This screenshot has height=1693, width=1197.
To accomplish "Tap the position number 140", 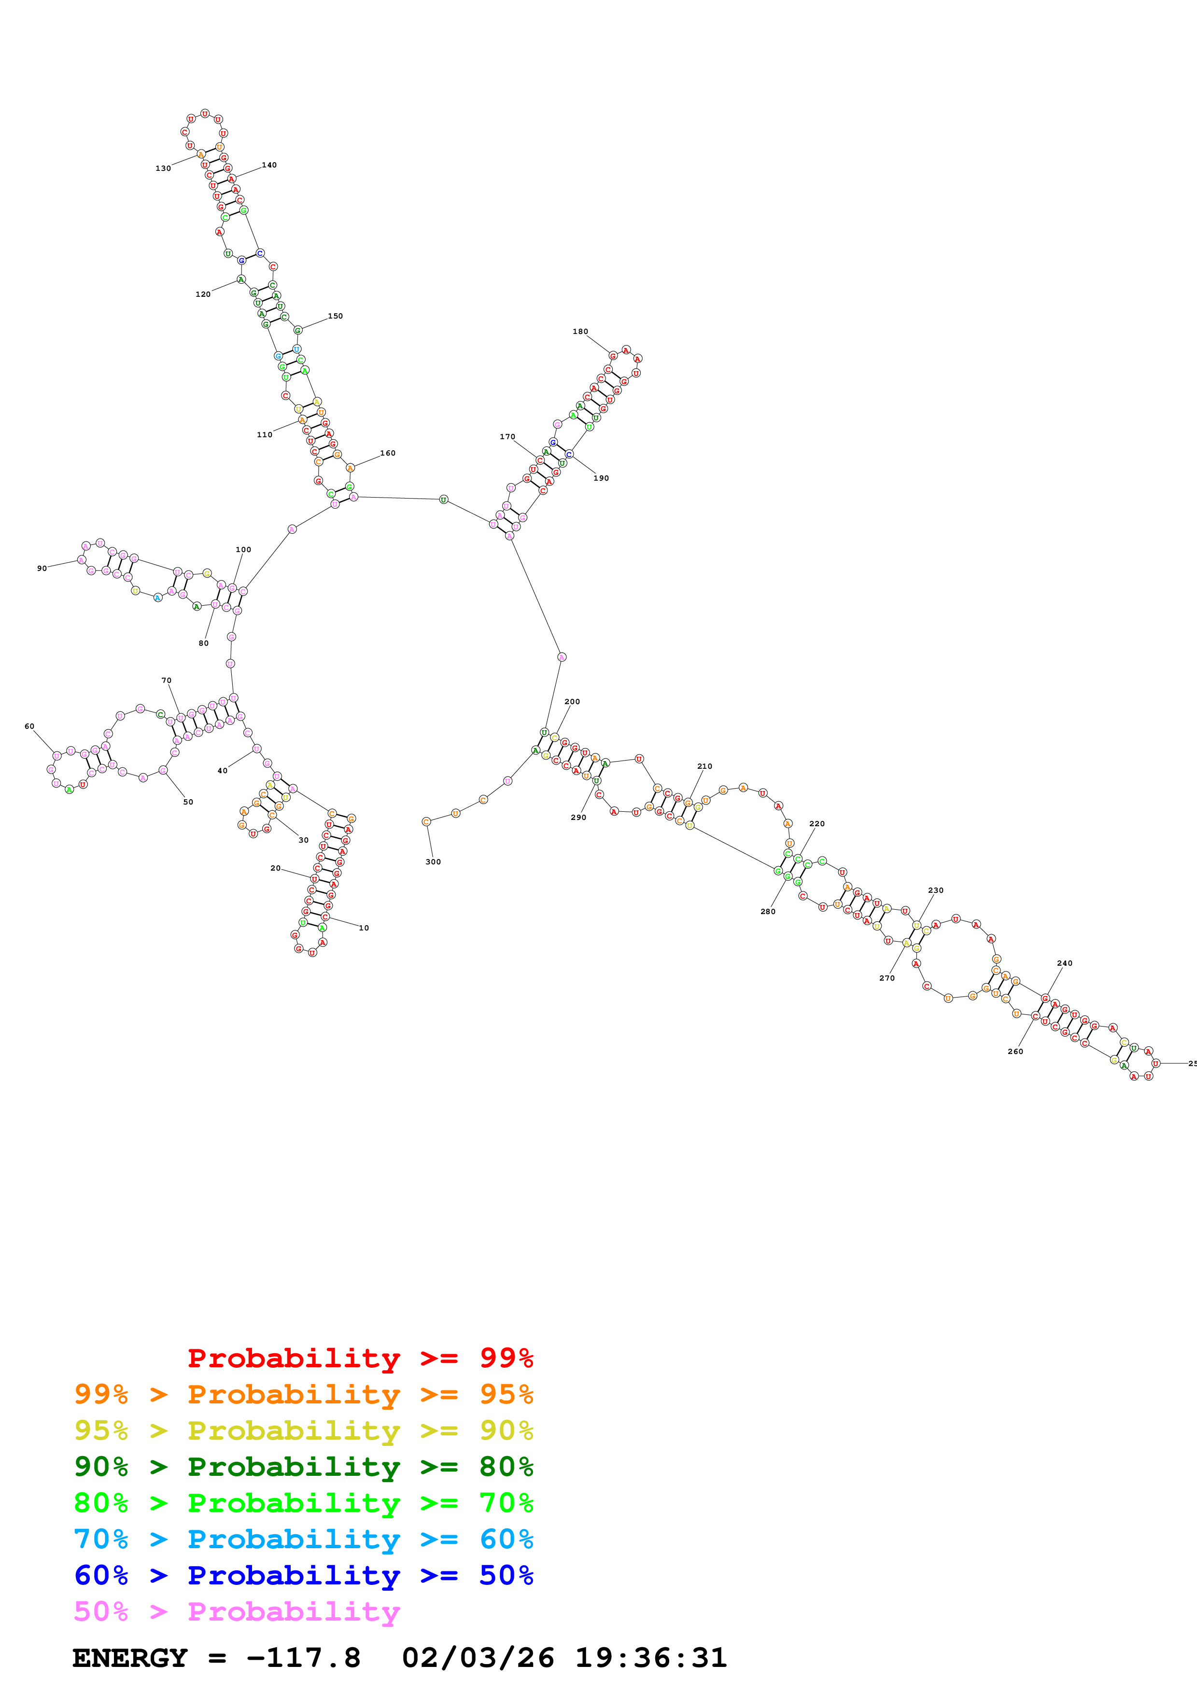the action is (x=269, y=165).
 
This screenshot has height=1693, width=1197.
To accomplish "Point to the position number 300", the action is (x=433, y=862).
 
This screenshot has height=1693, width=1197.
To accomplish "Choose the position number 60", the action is (x=29, y=726).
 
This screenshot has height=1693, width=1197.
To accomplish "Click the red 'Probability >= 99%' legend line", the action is (x=360, y=1358).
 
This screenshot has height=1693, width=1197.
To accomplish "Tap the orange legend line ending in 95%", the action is (x=303, y=1394).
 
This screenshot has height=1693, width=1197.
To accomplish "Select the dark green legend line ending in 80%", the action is (x=303, y=1467).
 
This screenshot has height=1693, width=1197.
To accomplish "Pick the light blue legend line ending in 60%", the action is (x=303, y=1539).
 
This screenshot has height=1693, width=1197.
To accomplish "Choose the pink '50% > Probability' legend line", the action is (x=237, y=1611).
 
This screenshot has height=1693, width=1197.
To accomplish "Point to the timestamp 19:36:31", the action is (x=650, y=1658).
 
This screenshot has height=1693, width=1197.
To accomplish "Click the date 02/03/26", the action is (x=478, y=1658).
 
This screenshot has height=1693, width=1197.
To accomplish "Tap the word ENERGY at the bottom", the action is (x=130, y=1658).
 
